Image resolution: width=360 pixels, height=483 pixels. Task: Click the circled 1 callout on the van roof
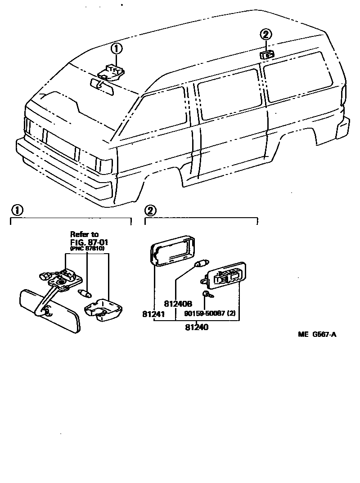117,48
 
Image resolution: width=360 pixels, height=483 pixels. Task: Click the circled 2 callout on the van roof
266,34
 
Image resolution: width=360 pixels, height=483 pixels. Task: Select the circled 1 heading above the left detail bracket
17,210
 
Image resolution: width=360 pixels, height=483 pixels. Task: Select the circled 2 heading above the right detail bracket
151,210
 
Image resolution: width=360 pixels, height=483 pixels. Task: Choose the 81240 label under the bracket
196,327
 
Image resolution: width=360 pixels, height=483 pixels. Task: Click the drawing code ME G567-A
317,334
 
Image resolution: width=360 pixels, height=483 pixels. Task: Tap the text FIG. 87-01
89,242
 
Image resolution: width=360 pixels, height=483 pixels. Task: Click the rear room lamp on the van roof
266,55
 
